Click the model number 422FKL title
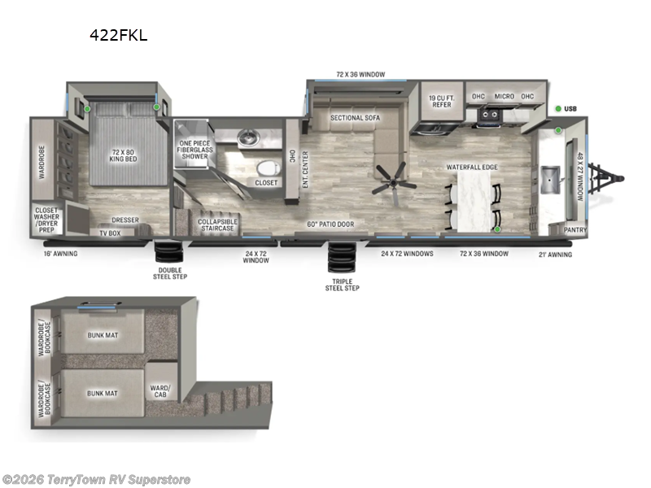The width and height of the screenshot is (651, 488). point(119,35)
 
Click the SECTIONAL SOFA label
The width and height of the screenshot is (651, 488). point(355,118)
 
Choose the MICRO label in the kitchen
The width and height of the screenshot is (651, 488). point(504,97)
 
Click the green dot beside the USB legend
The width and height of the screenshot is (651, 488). point(559,108)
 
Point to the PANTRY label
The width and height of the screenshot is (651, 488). point(575,230)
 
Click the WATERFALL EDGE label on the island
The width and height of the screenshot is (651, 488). point(471,167)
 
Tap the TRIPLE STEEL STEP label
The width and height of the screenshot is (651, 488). point(342,284)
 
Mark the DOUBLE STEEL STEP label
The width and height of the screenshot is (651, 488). point(171,273)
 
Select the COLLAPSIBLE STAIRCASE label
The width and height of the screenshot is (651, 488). point(218,224)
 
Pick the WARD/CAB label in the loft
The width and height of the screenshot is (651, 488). point(159,391)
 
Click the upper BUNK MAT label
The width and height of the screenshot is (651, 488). point(103,334)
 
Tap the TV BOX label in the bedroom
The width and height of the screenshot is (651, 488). point(109,233)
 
